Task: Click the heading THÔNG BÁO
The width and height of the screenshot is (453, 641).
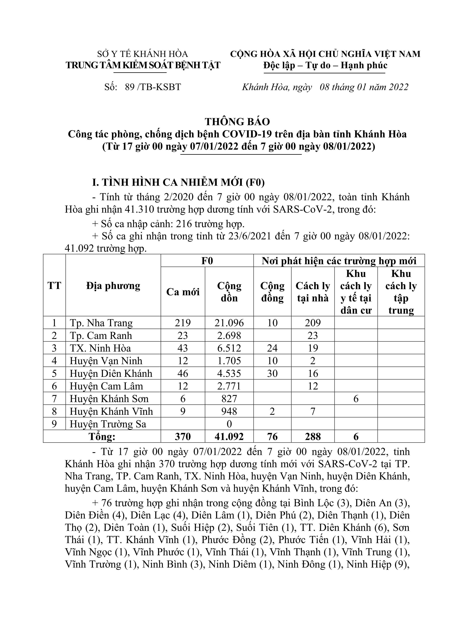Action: coord(238,122)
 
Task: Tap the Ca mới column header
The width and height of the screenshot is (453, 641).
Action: coord(183,292)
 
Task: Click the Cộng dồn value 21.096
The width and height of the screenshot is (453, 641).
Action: coord(229,323)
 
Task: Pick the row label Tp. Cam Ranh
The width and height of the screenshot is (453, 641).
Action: coord(101,336)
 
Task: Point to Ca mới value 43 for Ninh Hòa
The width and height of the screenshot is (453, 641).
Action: coord(183,348)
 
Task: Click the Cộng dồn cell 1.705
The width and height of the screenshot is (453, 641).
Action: coord(229,361)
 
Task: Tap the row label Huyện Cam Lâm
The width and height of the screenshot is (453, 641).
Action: coord(106,386)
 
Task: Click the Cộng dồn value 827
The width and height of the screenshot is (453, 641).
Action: coord(229,399)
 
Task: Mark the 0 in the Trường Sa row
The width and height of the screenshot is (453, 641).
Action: coord(229,424)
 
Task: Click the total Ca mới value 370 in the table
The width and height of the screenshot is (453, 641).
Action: coord(183,437)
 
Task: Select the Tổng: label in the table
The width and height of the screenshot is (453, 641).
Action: coord(102,437)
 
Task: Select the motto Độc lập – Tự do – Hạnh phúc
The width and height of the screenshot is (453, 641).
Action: coord(325,65)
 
